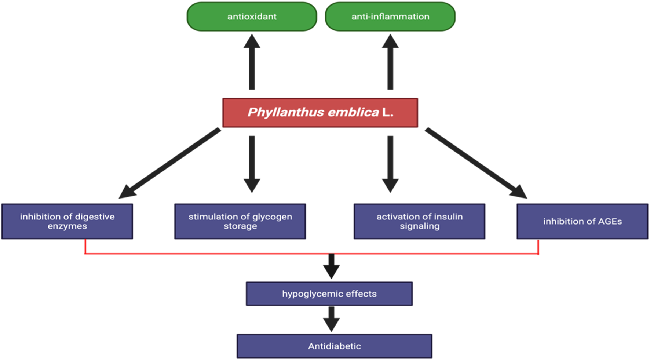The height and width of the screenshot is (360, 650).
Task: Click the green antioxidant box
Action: [252, 17]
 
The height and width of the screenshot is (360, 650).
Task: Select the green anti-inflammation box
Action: [390, 17]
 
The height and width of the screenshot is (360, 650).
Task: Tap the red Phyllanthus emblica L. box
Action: [320, 113]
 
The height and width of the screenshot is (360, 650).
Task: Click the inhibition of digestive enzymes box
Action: [67, 221]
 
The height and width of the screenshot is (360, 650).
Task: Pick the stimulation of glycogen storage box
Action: [240, 221]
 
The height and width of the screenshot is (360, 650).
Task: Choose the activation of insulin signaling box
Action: [419, 221]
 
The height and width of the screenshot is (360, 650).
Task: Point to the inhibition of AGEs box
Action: [582, 221]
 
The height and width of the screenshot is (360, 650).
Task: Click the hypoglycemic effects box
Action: [329, 294]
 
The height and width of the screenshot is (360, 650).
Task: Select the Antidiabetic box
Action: [334, 346]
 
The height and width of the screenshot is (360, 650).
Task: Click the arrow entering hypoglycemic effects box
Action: [331, 266]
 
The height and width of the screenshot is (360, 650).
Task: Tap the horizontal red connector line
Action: [220, 254]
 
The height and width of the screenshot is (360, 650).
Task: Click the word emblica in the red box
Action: [353, 112]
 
